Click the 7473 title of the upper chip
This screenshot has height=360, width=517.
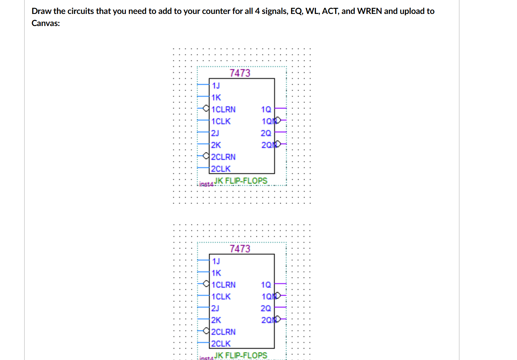[240, 73]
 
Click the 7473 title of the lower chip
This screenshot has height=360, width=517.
[240, 249]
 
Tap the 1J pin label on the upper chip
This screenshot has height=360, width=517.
[216, 85]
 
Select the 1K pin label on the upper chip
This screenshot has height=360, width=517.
[216, 98]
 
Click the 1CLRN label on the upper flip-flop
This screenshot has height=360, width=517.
[223, 109]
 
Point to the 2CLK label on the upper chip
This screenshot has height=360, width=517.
[221, 169]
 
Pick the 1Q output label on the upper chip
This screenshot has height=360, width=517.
[266, 109]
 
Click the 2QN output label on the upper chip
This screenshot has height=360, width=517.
[267, 145]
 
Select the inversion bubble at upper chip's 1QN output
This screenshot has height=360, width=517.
[278, 120]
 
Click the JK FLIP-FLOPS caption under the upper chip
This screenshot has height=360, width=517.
[241, 181]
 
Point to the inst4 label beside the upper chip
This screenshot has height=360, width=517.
[206, 184]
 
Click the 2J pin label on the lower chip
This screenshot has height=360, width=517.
[215, 308]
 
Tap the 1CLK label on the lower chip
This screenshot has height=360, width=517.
[221, 297]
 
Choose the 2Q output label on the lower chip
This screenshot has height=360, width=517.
[266, 308]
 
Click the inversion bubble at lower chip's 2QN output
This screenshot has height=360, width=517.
[278, 319]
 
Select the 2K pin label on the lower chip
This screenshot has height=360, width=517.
[216, 320]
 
